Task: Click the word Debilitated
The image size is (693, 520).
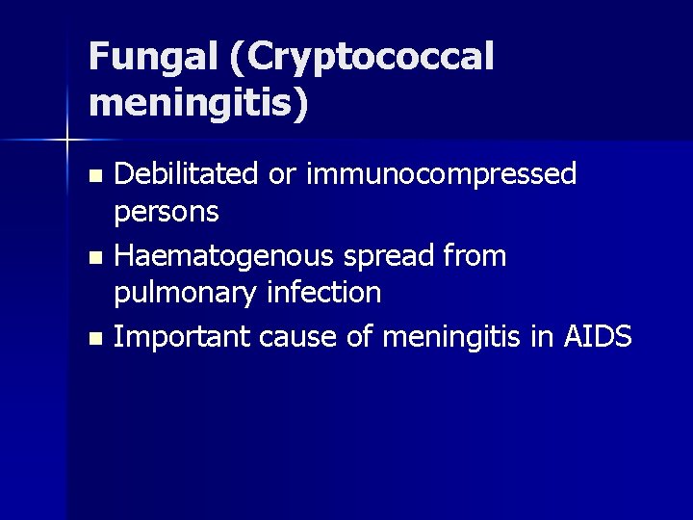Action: tap(186, 174)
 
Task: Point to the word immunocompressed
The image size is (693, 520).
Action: tap(442, 174)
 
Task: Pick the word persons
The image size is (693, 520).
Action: tap(166, 210)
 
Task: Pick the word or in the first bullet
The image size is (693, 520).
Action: tap(281, 174)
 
